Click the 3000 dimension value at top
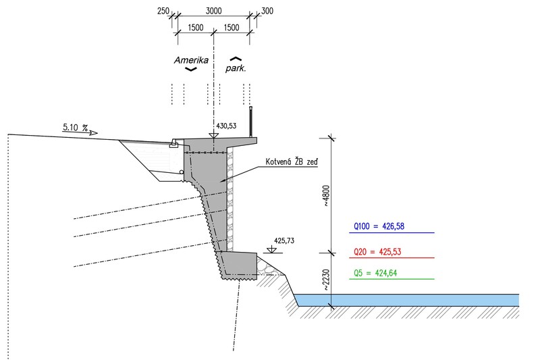pos(213,11)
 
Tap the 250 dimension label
pos(163,11)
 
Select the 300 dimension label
pos(267,11)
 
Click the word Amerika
pos(191,60)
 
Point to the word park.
pos(236,68)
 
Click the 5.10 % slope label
pos(75,128)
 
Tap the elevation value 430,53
pos(226,126)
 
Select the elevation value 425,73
pos(284,240)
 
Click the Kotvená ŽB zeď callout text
pos(292,161)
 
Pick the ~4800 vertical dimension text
pos(326,196)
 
